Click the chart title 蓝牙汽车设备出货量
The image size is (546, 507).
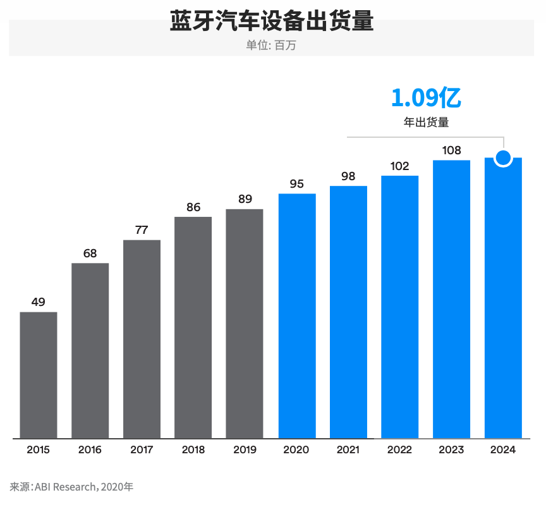click(x=272, y=21)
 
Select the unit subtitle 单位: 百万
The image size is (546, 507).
click(x=272, y=46)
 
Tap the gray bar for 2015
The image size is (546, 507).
click(x=39, y=374)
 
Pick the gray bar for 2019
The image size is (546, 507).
click(x=245, y=323)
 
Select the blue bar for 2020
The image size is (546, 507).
click(x=297, y=315)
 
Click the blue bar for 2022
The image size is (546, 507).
click(x=400, y=307)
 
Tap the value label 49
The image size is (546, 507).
click(x=39, y=302)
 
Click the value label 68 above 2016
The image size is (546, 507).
click(x=90, y=253)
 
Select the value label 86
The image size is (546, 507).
click(x=193, y=207)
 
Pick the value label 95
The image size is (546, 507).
click(x=297, y=184)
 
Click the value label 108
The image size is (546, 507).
click(x=452, y=150)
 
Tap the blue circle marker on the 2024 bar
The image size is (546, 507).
click(x=503, y=157)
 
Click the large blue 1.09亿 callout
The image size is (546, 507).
click(x=426, y=97)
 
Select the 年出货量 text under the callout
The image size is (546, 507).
click(x=426, y=123)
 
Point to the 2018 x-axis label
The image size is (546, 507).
click(x=193, y=450)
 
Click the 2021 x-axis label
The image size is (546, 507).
click(x=348, y=450)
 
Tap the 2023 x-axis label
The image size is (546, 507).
click(x=452, y=450)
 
